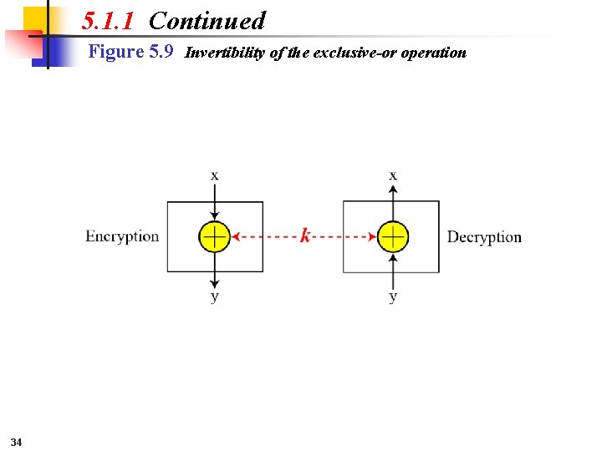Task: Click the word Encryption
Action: point(122,236)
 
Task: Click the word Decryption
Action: point(484,237)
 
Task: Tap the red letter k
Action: point(305,236)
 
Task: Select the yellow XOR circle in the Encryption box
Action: point(215,236)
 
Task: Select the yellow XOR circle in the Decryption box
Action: point(393,236)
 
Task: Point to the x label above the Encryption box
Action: point(215,175)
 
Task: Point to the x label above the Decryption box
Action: point(393,175)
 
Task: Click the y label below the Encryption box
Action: point(215,296)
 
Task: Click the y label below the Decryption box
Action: point(393,296)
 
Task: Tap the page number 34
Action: point(17,441)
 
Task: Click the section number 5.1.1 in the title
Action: point(108,21)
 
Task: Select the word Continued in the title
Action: point(207,21)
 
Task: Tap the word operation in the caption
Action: point(433,53)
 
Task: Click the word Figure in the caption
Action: point(116,53)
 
